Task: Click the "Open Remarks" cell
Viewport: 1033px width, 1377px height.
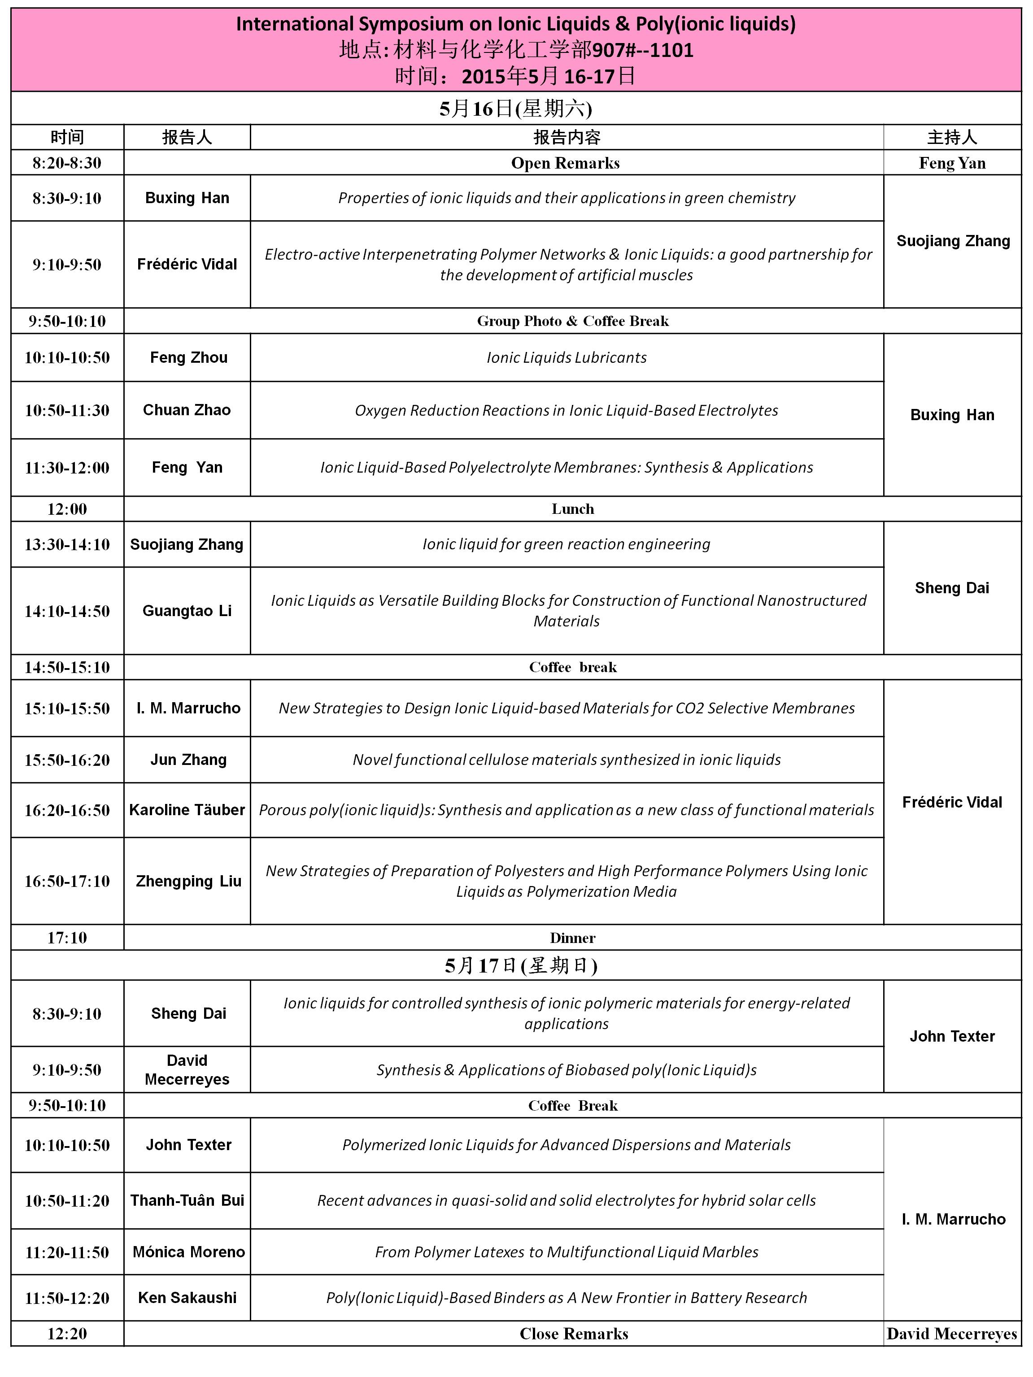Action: coord(565,163)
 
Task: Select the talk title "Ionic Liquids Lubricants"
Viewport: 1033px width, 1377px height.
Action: coord(566,357)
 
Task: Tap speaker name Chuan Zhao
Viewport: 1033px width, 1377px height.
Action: coord(187,410)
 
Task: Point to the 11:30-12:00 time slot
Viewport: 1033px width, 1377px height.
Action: coord(67,468)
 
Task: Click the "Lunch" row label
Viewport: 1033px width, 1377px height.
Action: coord(572,508)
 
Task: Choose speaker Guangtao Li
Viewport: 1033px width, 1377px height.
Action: coord(187,611)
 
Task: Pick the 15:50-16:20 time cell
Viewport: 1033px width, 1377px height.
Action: coord(67,760)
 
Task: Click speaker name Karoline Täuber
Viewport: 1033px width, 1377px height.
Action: coord(187,810)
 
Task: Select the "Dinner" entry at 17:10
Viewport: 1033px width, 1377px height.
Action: coord(572,938)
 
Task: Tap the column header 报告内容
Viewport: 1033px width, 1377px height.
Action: coord(566,137)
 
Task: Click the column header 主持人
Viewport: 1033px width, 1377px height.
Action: coord(952,137)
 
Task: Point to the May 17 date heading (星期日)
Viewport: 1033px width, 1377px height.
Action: coord(521,965)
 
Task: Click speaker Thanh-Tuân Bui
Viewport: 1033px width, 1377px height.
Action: coord(187,1200)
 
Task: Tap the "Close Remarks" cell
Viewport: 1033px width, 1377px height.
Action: coord(574,1334)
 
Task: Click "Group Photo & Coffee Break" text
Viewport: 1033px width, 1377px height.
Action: coord(572,321)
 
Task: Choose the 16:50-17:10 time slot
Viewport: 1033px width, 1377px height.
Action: coord(67,881)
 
